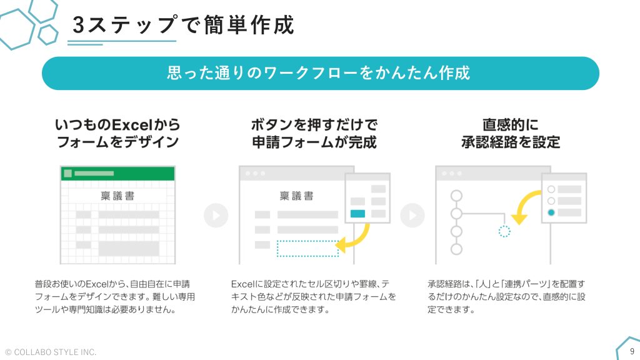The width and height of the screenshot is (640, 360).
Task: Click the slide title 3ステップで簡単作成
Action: pos(183,25)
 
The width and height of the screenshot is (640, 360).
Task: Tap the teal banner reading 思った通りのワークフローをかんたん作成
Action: pos(321,74)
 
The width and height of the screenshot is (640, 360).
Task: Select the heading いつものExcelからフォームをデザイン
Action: pos(117,133)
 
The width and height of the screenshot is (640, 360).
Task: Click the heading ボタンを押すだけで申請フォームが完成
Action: pos(314,133)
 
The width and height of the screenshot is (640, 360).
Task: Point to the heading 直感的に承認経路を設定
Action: pos(511,133)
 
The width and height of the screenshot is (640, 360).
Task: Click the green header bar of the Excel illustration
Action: pos(117,173)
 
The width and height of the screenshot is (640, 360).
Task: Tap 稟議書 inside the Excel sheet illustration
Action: pos(117,196)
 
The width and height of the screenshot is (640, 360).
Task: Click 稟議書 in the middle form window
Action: pos(297,196)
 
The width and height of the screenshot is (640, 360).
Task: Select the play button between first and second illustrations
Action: pos(216,215)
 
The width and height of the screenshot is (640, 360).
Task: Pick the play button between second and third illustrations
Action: pos(412,215)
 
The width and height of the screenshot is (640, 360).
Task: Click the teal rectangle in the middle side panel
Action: pos(357,214)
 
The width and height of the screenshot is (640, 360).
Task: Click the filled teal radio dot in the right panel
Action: pos(551,212)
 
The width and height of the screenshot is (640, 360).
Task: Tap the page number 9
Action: pos(632,351)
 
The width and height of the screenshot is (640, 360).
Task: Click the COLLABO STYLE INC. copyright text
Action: pos(51,352)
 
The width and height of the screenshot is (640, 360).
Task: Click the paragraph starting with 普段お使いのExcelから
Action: pos(115,297)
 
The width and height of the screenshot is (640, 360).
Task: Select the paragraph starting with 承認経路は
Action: pos(506,297)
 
